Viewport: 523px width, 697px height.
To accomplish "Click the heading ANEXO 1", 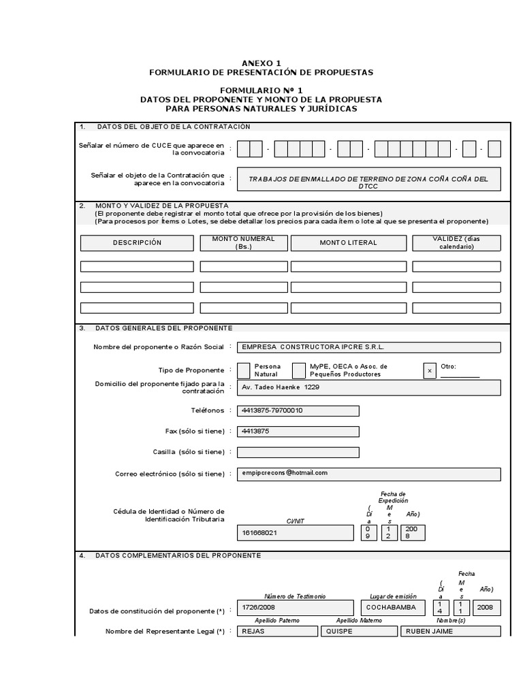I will pos(261,63).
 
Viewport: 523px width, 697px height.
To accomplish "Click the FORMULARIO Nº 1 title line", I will pos(261,90).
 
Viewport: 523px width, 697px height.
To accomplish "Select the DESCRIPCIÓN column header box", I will pos(137,243).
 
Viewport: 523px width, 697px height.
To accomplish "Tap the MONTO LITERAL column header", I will pos(348,243).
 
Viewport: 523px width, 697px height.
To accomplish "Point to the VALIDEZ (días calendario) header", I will pos(456,243).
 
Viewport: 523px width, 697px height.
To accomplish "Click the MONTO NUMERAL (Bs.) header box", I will pos(244,243).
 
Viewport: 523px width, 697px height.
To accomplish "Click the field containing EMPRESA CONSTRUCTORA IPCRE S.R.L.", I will pos(368,347).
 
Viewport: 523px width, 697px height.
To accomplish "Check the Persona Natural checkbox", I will pos(243,370).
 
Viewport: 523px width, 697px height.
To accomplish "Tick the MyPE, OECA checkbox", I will pos(298,370).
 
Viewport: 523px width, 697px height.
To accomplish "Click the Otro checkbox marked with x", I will pos(429,370).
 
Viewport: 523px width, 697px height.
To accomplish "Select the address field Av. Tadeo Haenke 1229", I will pos(368,387).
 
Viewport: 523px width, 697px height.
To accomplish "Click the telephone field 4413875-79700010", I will pos(298,411).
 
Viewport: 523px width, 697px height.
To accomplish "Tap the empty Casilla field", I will pos(298,452).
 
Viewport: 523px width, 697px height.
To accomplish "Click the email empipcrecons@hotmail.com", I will pos(368,473).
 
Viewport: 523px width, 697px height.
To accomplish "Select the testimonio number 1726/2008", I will pos(295,608).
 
